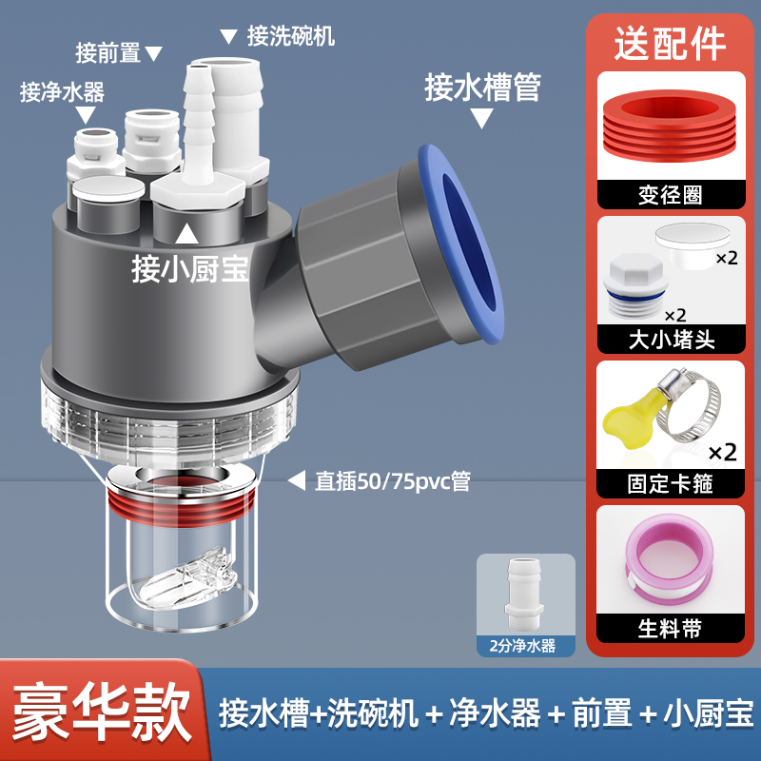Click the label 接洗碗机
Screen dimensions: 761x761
tap(291, 36)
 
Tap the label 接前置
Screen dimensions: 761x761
tap(107, 53)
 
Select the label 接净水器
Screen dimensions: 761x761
tap(62, 91)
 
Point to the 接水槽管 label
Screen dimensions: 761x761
tap(482, 88)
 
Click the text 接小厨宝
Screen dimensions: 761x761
tap(189, 269)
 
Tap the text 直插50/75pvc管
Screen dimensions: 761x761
tap(393, 481)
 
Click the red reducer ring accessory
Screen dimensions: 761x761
tap(670, 126)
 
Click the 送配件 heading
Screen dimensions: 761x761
tap(671, 44)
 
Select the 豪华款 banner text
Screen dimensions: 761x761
tap(102, 712)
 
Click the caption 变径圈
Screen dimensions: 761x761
tap(671, 195)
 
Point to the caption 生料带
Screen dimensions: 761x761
tap(670, 629)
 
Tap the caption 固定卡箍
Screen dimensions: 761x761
tap(670, 484)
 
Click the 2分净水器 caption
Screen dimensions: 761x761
tap(522, 646)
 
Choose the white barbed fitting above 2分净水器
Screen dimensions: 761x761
tap(524, 593)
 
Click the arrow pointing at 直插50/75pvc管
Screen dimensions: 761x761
tap(297, 480)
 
